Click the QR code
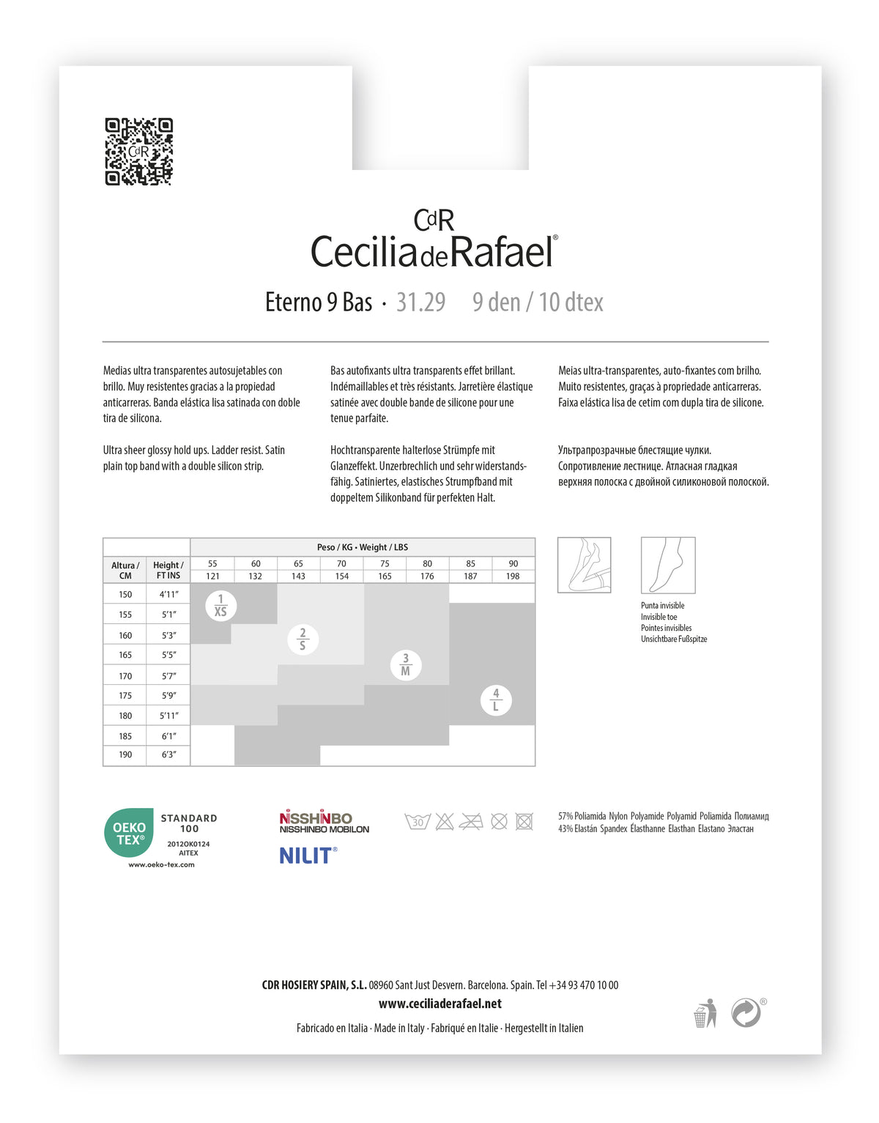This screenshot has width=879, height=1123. (138, 152)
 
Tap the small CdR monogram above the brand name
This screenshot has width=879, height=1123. (434, 220)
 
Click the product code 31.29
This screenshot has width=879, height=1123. (420, 302)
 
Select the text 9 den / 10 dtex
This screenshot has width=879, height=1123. (538, 302)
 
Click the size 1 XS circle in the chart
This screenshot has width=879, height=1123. (220, 606)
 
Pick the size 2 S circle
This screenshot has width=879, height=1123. (303, 639)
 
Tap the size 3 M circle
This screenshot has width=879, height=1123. (406, 664)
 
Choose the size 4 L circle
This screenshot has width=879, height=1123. (496, 700)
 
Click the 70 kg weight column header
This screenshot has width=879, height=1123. (341, 563)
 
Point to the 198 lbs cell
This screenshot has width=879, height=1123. (513, 577)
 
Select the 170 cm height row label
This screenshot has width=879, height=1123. (125, 676)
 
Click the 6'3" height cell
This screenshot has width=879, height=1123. (168, 755)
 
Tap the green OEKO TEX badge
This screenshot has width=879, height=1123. (129, 833)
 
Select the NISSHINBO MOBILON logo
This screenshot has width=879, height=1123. (324, 822)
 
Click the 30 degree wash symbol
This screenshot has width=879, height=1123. (418, 822)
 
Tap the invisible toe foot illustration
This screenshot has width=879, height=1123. (667, 565)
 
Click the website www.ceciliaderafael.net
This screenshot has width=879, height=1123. (439, 1004)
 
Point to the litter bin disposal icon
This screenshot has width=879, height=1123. (705, 1014)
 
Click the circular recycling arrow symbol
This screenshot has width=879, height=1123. (746, 1013)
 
